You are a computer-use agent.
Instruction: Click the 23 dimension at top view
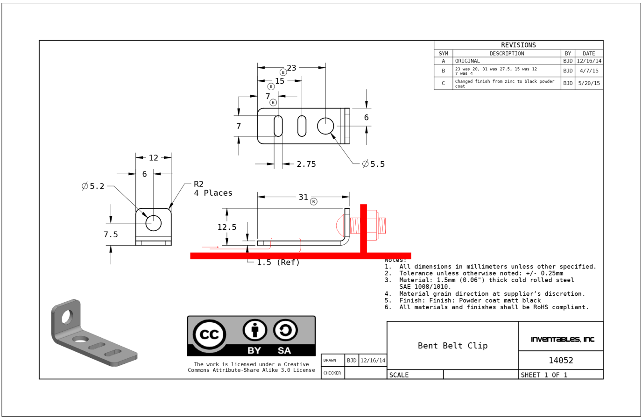pos(291,68)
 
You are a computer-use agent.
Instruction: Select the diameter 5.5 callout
pos(374,164)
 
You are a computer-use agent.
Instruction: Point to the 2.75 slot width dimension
pos(306,164)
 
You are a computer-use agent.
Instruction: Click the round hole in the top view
pos(325,126)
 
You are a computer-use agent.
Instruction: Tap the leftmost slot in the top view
pos(278,126)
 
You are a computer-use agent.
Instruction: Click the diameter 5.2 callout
pos(93,186)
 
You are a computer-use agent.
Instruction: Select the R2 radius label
pos(198,184)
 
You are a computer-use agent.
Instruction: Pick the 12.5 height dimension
pos(227,227)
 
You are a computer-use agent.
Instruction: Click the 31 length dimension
pos(303,197)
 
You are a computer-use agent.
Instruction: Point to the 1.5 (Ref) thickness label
pos(278,263)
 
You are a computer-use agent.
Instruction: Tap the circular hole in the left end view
pos(153,223)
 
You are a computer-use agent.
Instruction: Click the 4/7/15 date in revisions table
pos(589,71)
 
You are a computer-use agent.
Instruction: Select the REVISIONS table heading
pos(518,45)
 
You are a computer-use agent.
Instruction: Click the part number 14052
pos(561,360)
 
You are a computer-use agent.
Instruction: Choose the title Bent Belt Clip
pos(452,346)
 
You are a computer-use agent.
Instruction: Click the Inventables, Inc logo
pos(562,339)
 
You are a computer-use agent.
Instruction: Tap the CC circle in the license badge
pos(209,334)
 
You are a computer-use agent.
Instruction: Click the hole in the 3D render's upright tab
pos(67,317)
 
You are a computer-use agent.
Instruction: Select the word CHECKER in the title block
pos(332,373)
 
